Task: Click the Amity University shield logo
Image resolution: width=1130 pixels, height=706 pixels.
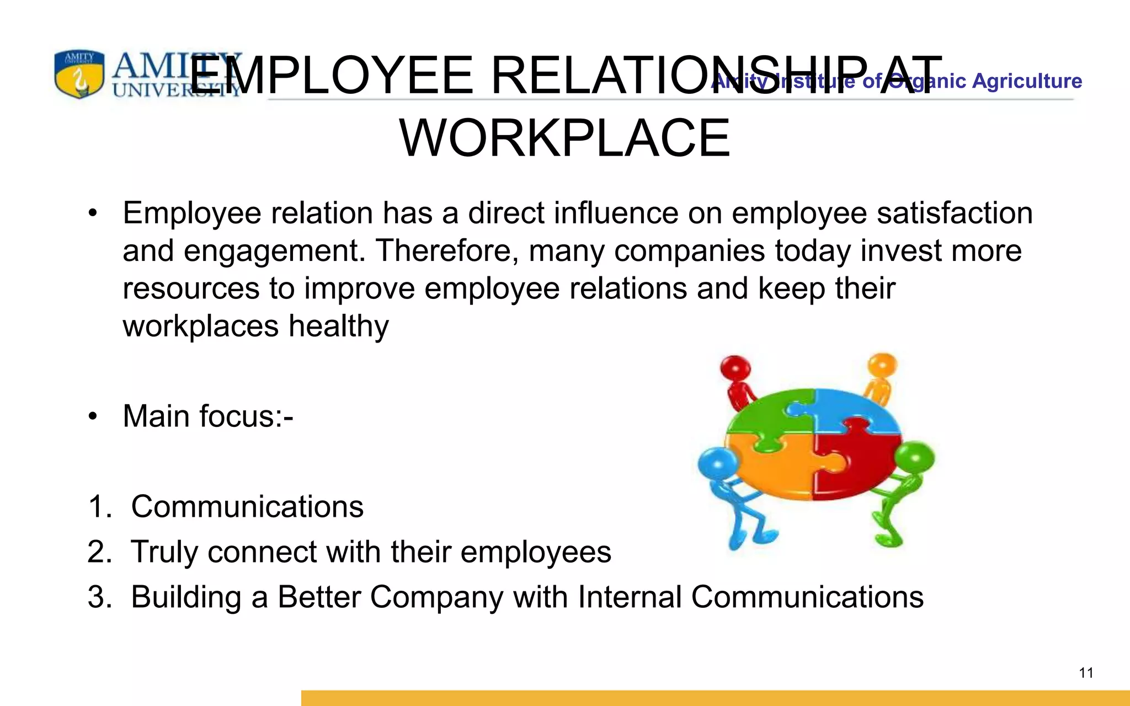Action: click(79, 74)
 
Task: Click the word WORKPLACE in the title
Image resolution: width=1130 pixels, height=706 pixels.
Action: click(564, 138)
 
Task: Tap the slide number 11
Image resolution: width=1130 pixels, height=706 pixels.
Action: click(1086, 673)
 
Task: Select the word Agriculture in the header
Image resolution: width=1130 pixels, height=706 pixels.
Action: click(1027, 81)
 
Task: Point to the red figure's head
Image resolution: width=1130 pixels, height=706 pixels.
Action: click(736, 368)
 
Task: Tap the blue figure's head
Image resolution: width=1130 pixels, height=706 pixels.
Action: click(718, 464)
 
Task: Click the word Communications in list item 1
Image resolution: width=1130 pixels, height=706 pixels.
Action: click(247, 506)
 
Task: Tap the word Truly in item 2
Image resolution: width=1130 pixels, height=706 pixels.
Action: click(164, 552)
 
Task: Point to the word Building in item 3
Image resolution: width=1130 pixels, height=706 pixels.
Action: click(186, 597)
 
